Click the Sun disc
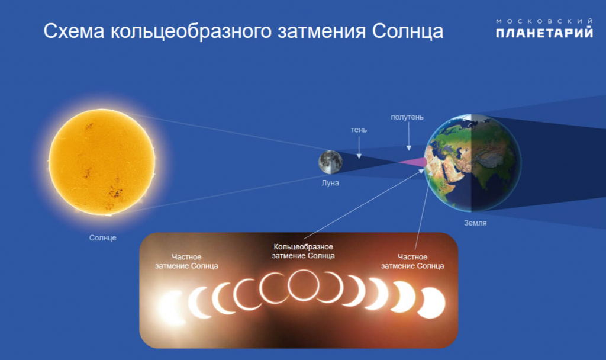point(102,162)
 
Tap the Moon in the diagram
point(330,162)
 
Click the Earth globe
point(472,163)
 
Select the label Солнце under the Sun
point(103,238)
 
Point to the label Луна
point(330,183)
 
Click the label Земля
point(475,223)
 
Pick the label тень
point(359,130)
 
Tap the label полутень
point(407,117)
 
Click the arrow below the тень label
point(359,147)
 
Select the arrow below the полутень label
point(408,137)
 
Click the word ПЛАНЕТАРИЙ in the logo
point(544,33)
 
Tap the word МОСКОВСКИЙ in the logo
point(544,21)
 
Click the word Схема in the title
point(74,31)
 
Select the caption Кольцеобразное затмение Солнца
point(304,251)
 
